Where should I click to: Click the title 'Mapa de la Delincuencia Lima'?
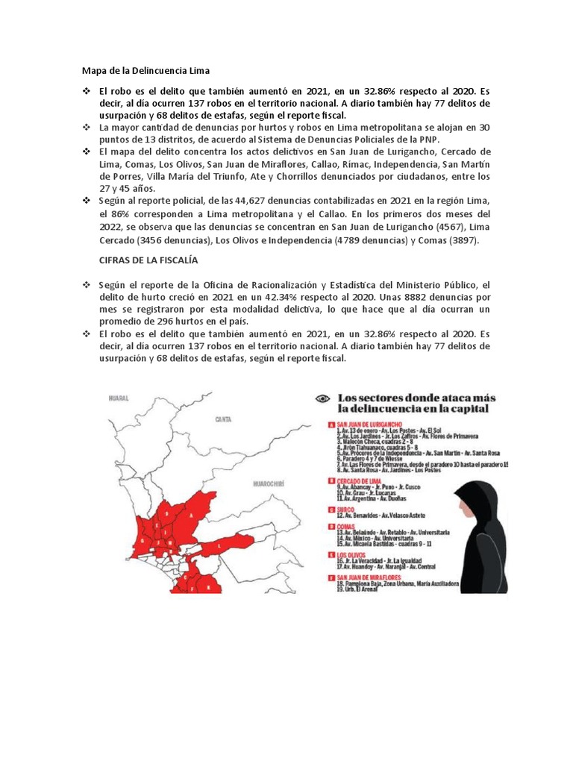click(136, 71)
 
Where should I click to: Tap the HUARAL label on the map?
click(119, 399)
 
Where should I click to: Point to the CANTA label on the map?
click(222, 420)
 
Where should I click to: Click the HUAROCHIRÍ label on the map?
click(269, 484)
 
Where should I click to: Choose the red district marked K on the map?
click(208, 588)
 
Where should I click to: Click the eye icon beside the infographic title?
click(322, 399)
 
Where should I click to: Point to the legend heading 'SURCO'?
click(344, 510)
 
